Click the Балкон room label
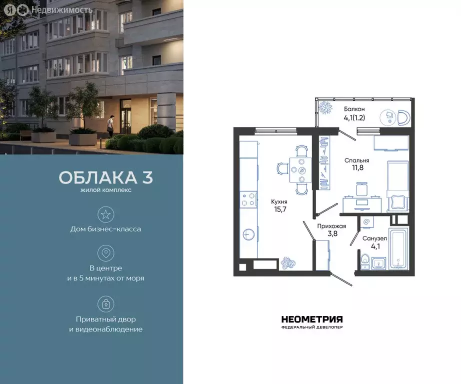click(x=354, y=109)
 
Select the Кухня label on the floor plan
click(x=278, y=201)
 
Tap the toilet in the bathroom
click(x=365, y=260)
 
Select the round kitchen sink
click(x=248, y=234)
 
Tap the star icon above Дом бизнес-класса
click(x=105, y=214)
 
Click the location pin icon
click(x=105, y=253)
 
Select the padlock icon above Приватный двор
click(x=105, y=303)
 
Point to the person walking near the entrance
click(x=110, y=125)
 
